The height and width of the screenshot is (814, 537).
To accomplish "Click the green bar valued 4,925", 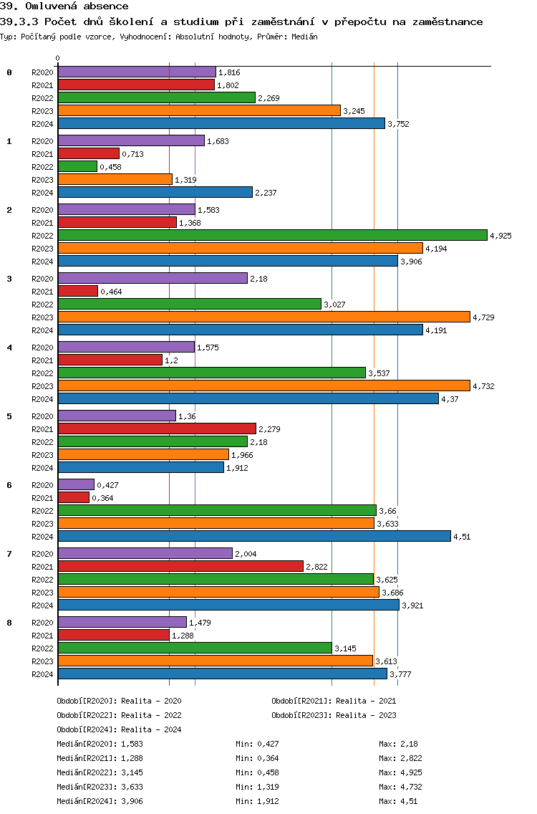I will [x=272, y=235].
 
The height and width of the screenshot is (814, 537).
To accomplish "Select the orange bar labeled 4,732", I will [x=263, y=386].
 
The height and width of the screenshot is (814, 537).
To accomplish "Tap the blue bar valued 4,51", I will [x=254, y=536].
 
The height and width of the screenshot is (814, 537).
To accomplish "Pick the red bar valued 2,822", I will [x=180, y=566].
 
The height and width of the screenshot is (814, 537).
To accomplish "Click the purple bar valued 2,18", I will [x=153, y=278].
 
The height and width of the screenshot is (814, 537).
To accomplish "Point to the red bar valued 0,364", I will [x=74, y=497].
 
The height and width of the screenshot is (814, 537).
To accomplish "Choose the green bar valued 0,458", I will [x=77, y=166].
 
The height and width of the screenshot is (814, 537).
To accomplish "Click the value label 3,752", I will [x=398, y=124].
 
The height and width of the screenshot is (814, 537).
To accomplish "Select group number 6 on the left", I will [x=9, y=485].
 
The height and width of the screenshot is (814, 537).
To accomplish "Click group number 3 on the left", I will [x=9, y=279].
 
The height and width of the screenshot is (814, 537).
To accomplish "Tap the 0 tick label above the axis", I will [x=58, y=58].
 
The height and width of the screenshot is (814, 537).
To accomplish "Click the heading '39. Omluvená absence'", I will [x=64, y=6].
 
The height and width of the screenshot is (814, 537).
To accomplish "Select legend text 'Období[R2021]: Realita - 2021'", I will [x=334, y=701].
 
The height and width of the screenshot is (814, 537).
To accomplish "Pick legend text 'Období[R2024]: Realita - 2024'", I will [x=119, y=729].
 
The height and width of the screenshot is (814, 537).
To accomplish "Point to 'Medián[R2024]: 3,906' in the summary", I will [x=100, y=801].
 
